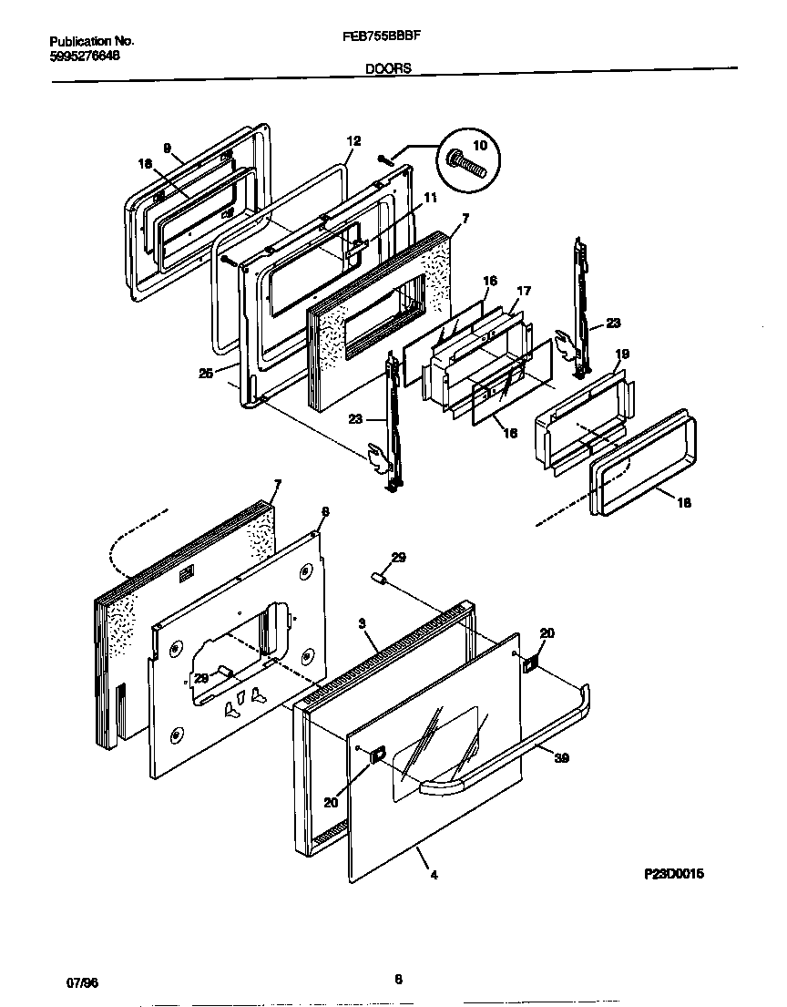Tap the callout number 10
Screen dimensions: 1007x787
480,146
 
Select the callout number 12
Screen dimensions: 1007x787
353,141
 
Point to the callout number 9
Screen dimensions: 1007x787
168,147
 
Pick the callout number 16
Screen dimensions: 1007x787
490,282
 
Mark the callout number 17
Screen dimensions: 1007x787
523,292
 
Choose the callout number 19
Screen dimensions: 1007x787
622,354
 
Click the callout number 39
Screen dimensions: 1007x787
561,757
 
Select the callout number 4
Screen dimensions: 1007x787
434,876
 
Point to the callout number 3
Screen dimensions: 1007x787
362,623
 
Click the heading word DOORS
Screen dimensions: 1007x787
388,67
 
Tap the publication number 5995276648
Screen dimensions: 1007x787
84,56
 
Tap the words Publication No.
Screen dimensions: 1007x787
91,42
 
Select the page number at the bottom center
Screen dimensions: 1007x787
398,981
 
